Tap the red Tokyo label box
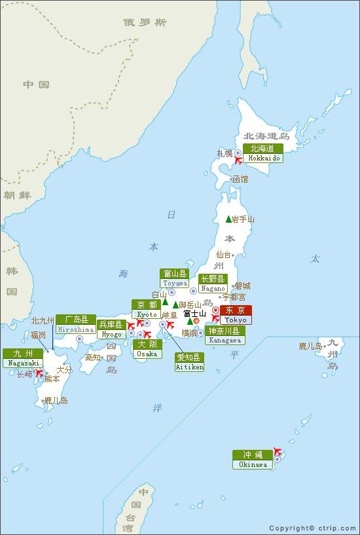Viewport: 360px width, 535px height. pos(235,315)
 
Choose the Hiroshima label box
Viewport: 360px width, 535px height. pos(72,325)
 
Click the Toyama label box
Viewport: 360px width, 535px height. pos(175,278)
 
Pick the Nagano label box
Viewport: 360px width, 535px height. pos(213,283)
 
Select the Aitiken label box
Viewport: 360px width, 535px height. pos(190,362)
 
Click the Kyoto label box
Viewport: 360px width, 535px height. pos(147,309)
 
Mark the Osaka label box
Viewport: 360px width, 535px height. pos(147,348)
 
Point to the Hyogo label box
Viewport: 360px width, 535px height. pos(111,329)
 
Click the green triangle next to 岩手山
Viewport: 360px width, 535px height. pos(228,219)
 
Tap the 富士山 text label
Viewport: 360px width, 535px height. pos(195,313)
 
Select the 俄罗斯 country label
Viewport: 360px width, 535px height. pos(145,23)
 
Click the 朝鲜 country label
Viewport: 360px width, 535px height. pos(17,195)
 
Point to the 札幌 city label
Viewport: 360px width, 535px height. pos(225,153)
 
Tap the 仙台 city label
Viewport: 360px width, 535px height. pos(223,254)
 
